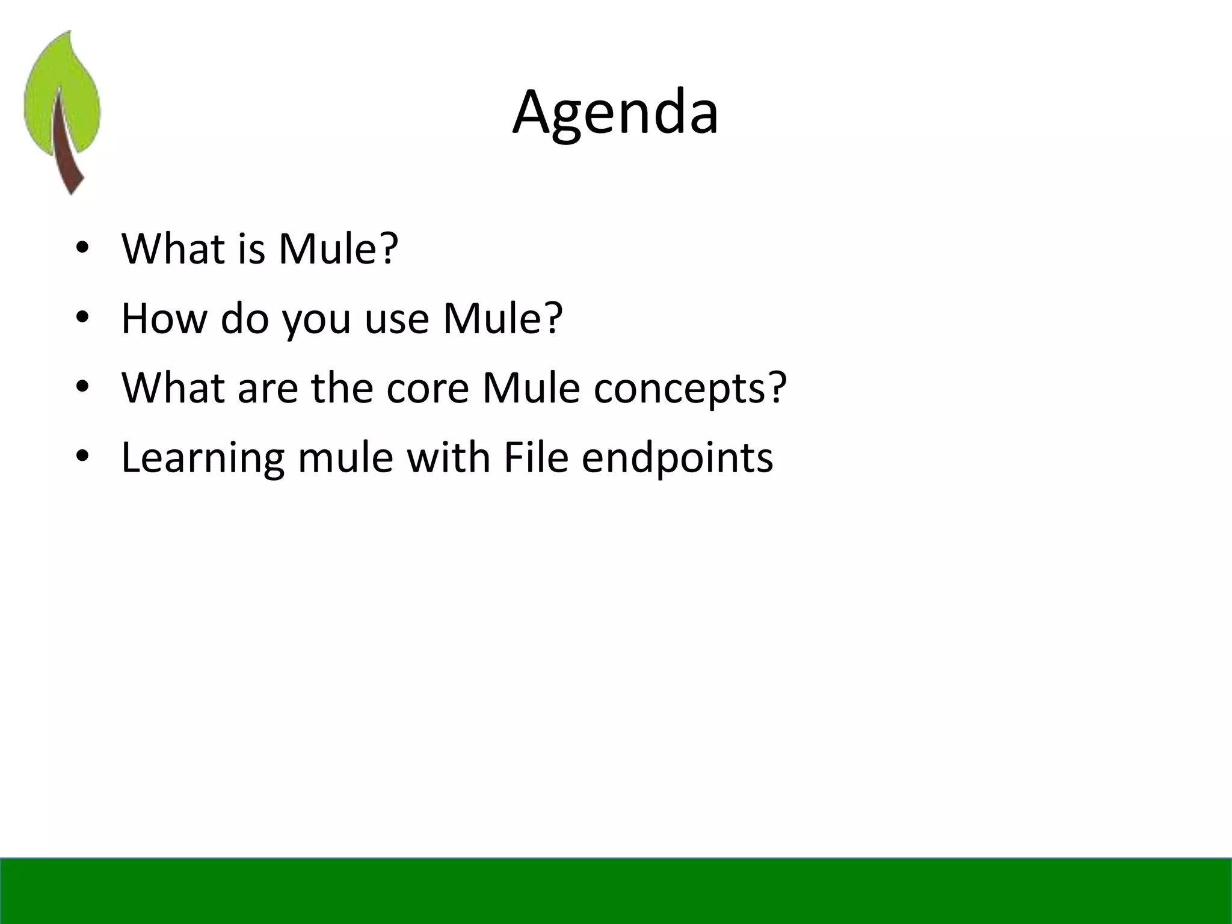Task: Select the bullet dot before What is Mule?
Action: (82, 248)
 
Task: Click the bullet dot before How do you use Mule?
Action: (82, 318)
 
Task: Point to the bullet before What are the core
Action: (82, 387)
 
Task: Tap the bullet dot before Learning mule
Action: (82, 457)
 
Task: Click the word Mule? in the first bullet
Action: (338, 248)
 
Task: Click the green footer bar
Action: (616, 890)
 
